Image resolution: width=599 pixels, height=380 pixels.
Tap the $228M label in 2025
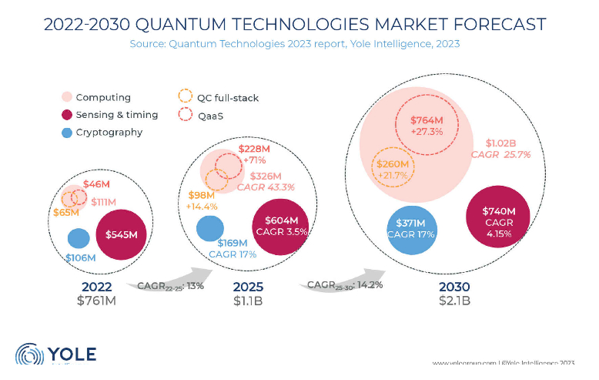(x=253, y=148)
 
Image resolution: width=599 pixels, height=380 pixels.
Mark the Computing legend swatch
(x=67, y=97)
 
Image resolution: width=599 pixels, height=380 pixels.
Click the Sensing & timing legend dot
(x=67, y=115)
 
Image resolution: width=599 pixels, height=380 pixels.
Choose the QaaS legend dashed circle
(x=185, y=115)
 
